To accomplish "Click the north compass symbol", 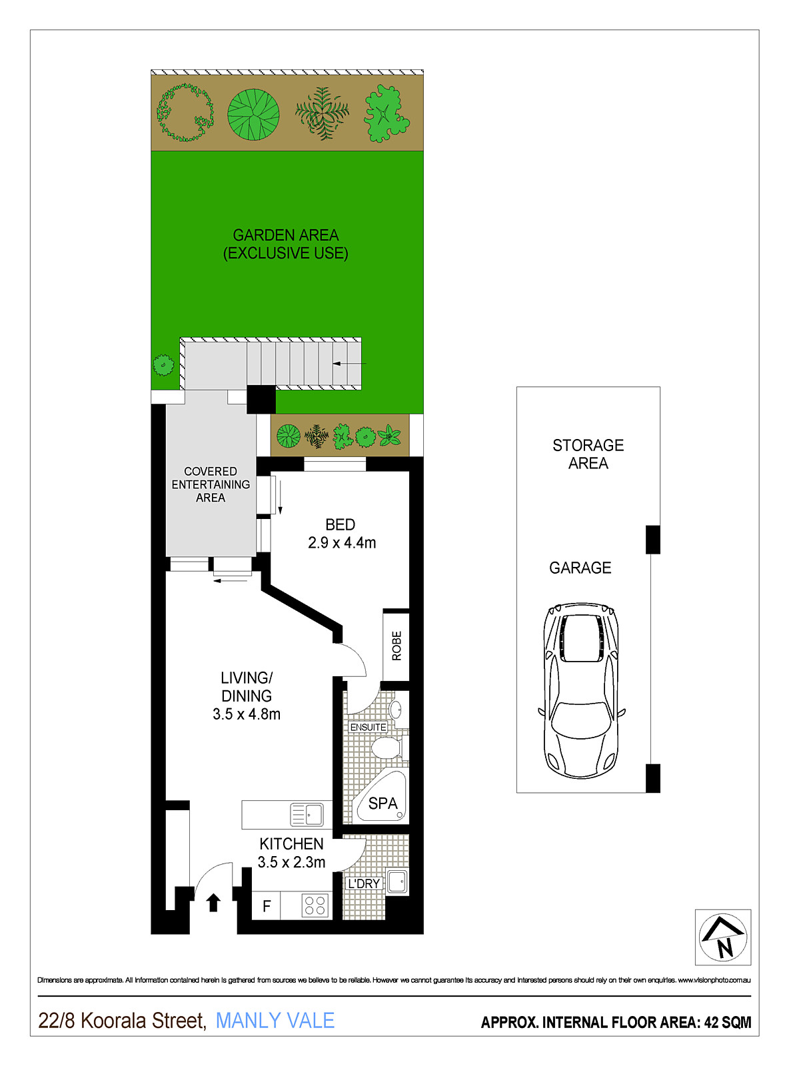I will point(723,937).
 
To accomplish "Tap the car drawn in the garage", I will point(581,691).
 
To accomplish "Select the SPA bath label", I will point(383,803).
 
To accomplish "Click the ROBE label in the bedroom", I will point(396,646).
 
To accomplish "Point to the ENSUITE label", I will point(368,727).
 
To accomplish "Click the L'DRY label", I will point(364,883).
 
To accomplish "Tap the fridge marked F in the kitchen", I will point(267,906).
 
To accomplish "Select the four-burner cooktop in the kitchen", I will point(315,906).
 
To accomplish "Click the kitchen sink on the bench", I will point(307,815).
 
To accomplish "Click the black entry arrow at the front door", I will point(213,903).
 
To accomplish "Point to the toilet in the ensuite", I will point(387,748).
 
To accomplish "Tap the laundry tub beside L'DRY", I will point(397,882).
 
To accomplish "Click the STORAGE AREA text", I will point(588,454).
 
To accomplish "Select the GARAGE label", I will point(580,568).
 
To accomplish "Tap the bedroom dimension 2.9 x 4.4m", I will point(341,542).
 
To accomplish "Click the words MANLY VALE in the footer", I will point(275,1020).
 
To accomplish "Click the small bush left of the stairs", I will point(163,365).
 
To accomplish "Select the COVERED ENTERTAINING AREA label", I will point(211,484).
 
